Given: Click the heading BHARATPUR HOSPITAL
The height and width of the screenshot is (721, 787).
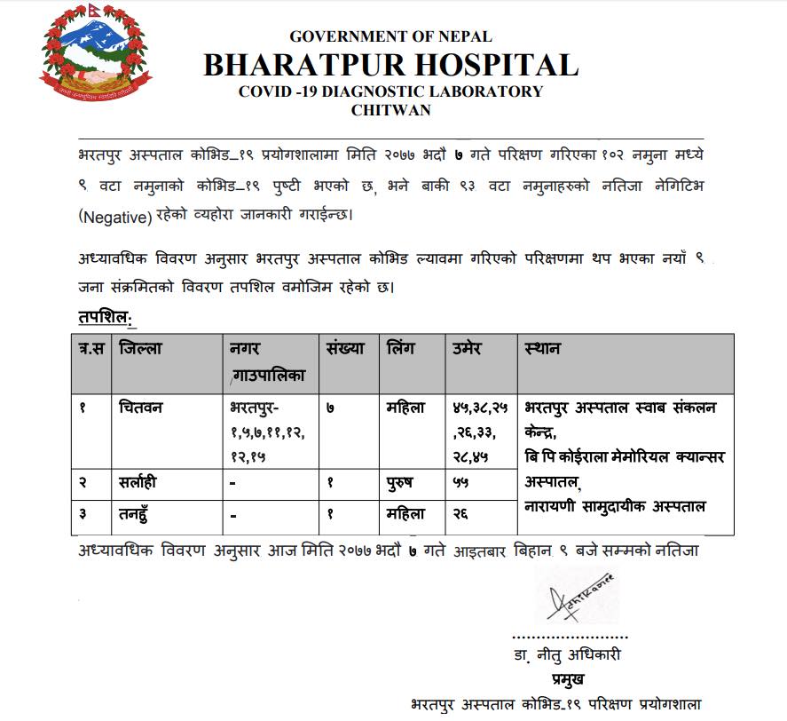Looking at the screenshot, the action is point(390,65).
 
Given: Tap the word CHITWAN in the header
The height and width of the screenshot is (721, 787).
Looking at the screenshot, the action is point(390,110).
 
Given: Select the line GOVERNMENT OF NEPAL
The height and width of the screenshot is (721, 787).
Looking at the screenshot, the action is point(390,36).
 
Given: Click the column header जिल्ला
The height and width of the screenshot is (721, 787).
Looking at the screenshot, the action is point(140,349).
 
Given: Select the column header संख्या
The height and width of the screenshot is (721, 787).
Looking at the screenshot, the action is point(345,349).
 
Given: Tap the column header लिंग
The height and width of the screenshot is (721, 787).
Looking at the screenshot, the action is point(401,349).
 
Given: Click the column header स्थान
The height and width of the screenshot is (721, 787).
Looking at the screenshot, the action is point(542,349).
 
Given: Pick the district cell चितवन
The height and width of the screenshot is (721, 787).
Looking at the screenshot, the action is point(139,409).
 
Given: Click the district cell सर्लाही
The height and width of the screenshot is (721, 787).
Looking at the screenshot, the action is point(141,485).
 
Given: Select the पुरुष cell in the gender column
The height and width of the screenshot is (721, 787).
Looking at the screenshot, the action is point(405,485).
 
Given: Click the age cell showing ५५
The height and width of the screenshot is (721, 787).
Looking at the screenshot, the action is point(460,485).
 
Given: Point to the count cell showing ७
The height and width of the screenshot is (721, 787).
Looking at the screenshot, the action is point(330,409).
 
